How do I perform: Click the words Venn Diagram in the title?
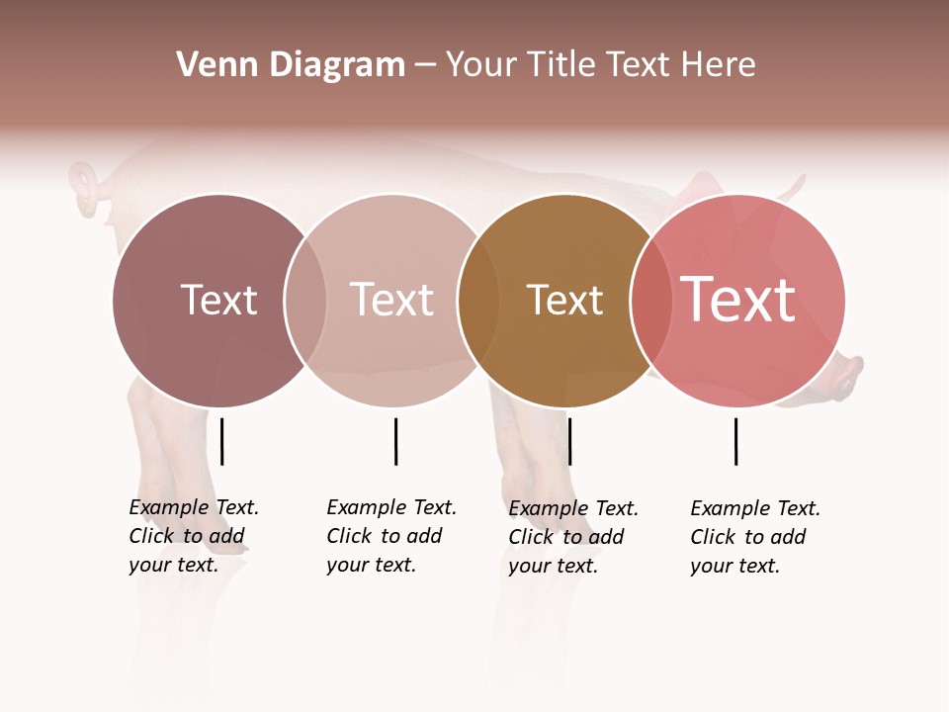(x=291, y=65)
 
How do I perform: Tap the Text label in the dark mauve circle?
(x=218, y=300)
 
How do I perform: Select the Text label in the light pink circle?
(x=391, y=300)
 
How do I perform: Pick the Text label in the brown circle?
(x=564, y=301)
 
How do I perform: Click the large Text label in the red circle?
(x=738, y=300)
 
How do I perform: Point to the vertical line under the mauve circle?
(x=221, y=441)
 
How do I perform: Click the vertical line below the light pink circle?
(x=395, y=441)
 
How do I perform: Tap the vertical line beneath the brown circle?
(x=569, y=441)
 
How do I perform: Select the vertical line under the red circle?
(x=735, y=441)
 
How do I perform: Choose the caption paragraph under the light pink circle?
(x=390, y=536)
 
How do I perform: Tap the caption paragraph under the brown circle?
(x=572, y=537)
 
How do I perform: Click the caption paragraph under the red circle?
(x=754, y=537)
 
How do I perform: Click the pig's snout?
(x=850, y=377)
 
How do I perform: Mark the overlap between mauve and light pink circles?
(x=305, y=300)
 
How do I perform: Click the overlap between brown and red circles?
(x=649, y=301)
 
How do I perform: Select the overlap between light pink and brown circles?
(x=476, y=301)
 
